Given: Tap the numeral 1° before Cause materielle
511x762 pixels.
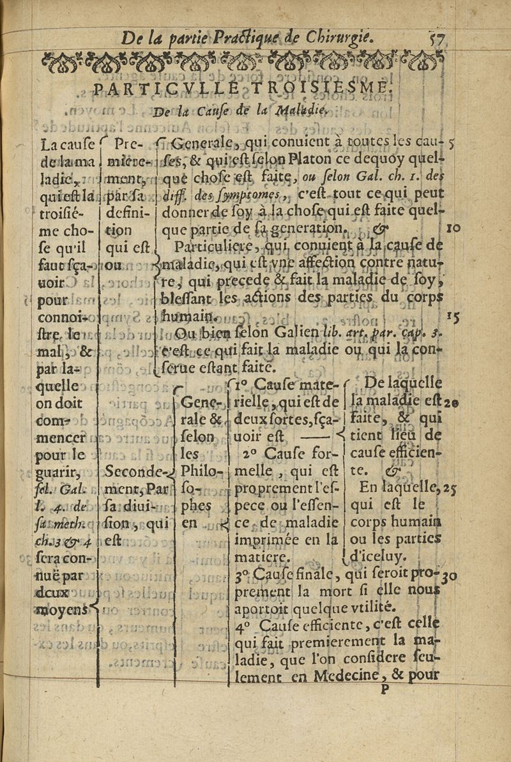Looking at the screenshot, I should pos(241,385).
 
